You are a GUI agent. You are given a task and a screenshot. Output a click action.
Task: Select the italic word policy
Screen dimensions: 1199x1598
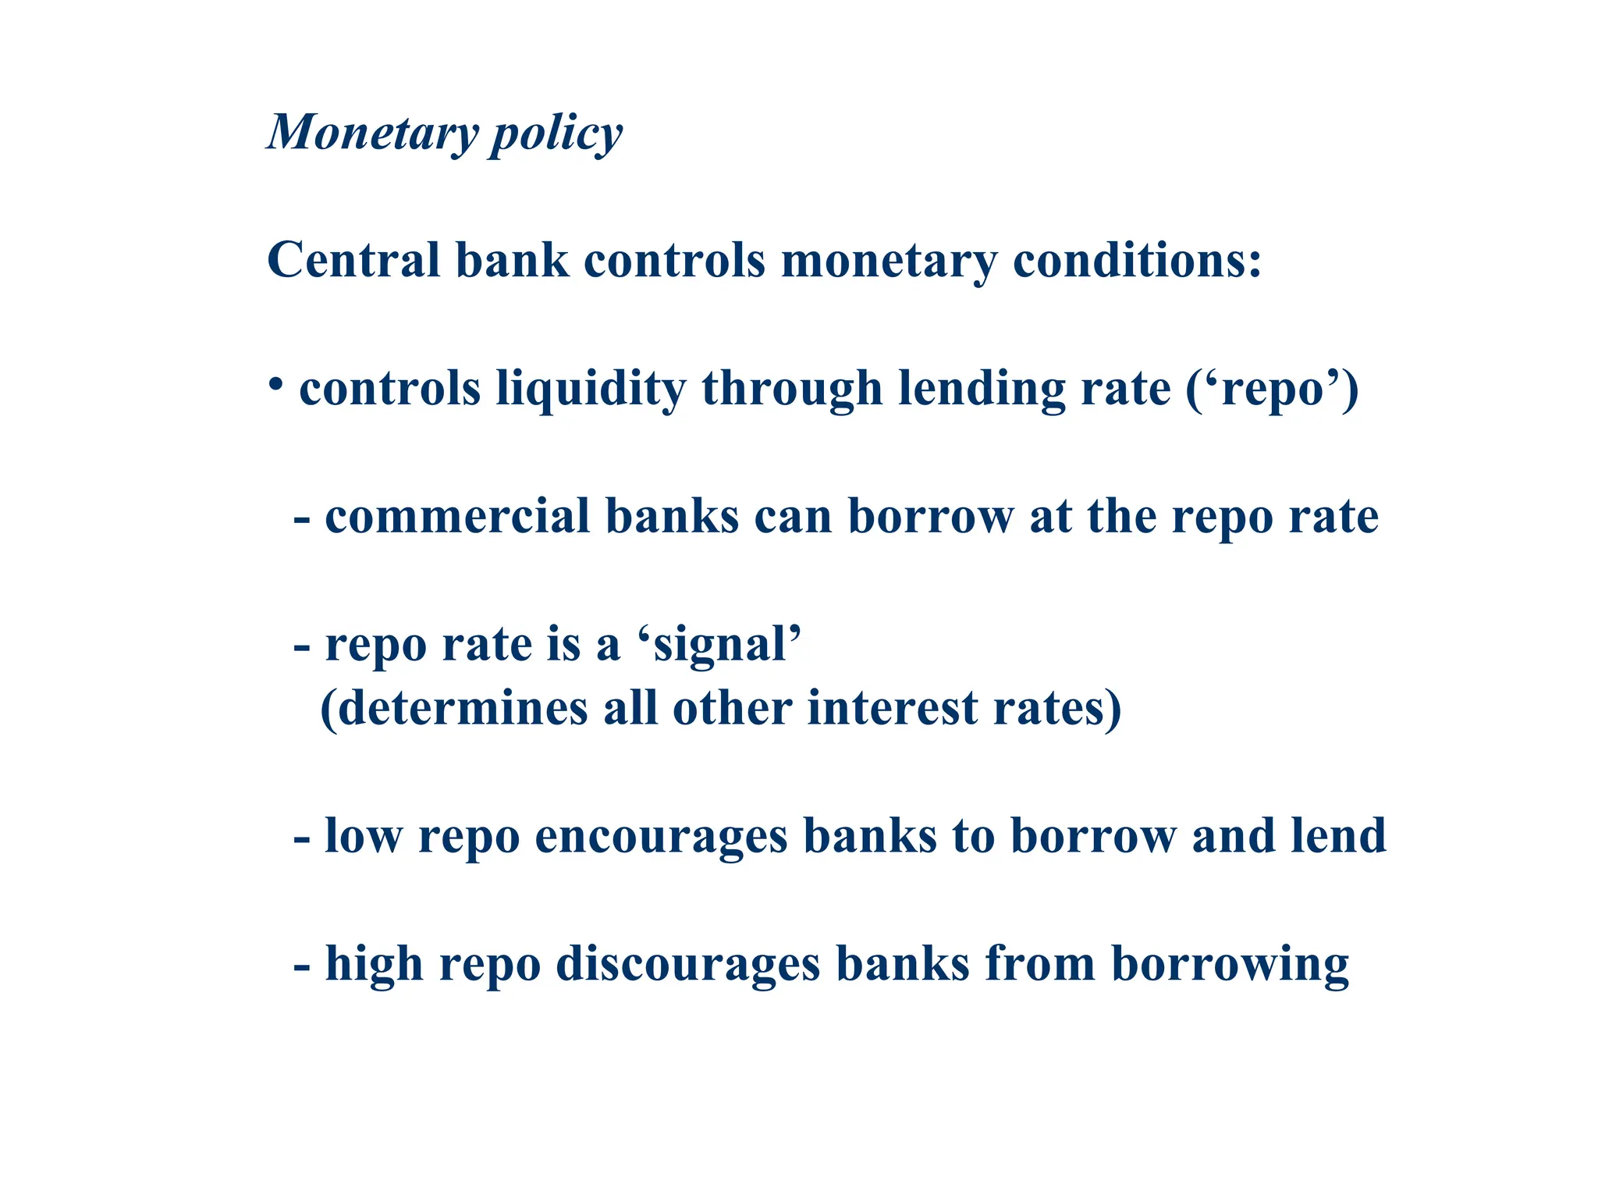pyautogui.click(x=556, y=134)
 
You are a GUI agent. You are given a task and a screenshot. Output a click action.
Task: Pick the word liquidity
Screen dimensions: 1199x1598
pyautogui.click(x=591, y=389)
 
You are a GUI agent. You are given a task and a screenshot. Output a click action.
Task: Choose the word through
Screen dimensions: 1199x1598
pyautogui.click(x=791, y=389)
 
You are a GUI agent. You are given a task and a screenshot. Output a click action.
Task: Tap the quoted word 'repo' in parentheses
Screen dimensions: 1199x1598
pyautogui.click(x=1272, y=389)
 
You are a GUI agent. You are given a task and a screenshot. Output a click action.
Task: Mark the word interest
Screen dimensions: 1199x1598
pyautogui.click(x=892, y=708)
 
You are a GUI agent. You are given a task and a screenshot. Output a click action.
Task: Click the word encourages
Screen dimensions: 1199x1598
pyautogui.click(x=661, y=836)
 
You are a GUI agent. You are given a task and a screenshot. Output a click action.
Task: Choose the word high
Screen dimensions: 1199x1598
pyautogui.click(x=374, y=965)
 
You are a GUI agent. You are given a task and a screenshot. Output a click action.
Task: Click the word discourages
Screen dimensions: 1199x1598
pyautogui.click(x=687, y=965)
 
